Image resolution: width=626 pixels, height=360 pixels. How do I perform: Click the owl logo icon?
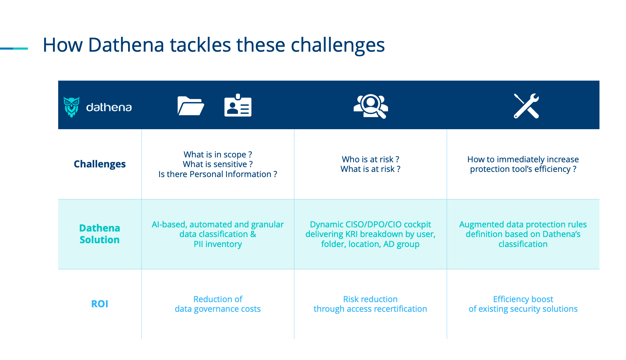point(72,107)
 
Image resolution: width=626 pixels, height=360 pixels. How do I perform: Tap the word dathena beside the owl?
point(109,107)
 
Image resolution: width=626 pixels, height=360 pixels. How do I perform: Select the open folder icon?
point(191,106)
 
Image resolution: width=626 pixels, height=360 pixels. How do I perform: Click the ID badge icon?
point(238,105)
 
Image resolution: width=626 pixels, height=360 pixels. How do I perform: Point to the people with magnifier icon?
point(371,106)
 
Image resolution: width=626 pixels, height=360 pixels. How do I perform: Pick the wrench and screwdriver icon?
point(526,106)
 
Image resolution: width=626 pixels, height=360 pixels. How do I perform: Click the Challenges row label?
point(100,164)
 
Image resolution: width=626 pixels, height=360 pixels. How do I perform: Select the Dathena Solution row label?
point(100,234)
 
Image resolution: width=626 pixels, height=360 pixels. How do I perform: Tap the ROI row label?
point(100,304)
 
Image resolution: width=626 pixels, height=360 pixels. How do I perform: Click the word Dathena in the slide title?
point(126,45)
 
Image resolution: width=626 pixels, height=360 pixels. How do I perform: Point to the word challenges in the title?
point(338,45)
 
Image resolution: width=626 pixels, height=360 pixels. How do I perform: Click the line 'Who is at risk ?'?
point(371,159)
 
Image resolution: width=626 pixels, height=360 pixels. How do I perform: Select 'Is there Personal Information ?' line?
point(218,174)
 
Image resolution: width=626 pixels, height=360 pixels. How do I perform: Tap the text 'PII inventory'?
point(218,244)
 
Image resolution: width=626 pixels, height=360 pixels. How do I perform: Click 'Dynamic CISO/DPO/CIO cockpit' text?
point(371,225)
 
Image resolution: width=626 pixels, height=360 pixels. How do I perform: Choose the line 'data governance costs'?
point(218,309)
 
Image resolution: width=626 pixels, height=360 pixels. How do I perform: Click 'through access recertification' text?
point(371,309)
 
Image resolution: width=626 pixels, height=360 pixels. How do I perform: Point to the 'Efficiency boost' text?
point(523,299)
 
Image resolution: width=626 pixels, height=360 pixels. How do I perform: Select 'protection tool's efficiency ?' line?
point(523,169)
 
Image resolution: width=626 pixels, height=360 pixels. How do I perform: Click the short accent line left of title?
point(14,49)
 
